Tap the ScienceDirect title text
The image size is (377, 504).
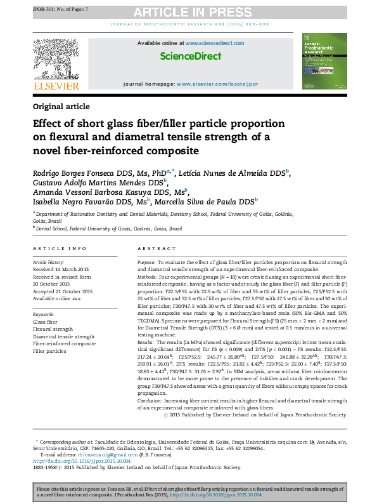[190, 56]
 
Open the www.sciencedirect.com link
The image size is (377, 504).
[214, 43]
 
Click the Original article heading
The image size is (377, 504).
[61, 107]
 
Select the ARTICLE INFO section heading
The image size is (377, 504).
[60, 248]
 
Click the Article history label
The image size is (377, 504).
[48, 262]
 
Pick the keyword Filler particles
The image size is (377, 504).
[49, 351]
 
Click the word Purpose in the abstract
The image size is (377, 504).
[146, 262]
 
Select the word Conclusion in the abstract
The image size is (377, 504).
[151, 401]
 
